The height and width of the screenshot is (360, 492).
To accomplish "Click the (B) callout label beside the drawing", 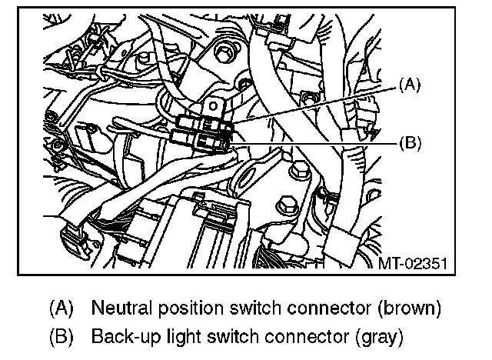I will coord(412,142).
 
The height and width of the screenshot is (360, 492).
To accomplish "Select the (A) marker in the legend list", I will coord(61,308).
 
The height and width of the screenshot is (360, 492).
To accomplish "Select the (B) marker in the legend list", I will coord(61,336).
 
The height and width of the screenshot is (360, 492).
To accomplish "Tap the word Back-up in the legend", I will coord(123,336).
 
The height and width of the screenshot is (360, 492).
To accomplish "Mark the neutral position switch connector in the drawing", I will coord(201,123).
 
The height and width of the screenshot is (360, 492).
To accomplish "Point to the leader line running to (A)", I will coord(315,104).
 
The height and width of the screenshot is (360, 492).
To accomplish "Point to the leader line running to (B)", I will coord(315,142).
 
